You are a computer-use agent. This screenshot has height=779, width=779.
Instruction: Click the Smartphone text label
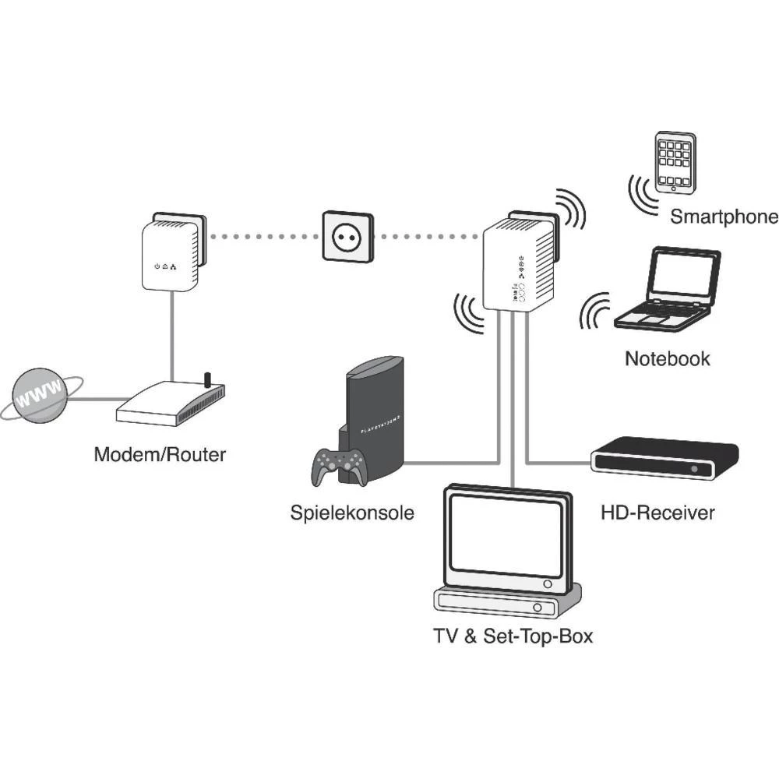[x=724, y=217]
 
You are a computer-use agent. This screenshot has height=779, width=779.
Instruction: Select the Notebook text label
[x=668, y=358]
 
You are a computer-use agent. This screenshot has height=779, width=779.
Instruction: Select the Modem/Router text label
[x=160, y=454]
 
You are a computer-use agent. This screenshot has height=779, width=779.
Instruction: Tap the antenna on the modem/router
[x=207, y=379]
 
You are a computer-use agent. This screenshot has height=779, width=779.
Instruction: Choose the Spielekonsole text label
[x=352, y=513]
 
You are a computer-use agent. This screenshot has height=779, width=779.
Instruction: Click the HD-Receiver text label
[x=657, y=513]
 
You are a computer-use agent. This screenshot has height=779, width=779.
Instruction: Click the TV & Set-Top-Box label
[x=513, y=636]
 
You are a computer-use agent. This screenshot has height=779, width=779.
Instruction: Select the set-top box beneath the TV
[x=506, y=602]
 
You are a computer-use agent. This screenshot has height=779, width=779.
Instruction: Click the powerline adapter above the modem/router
[x=172, y=254]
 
